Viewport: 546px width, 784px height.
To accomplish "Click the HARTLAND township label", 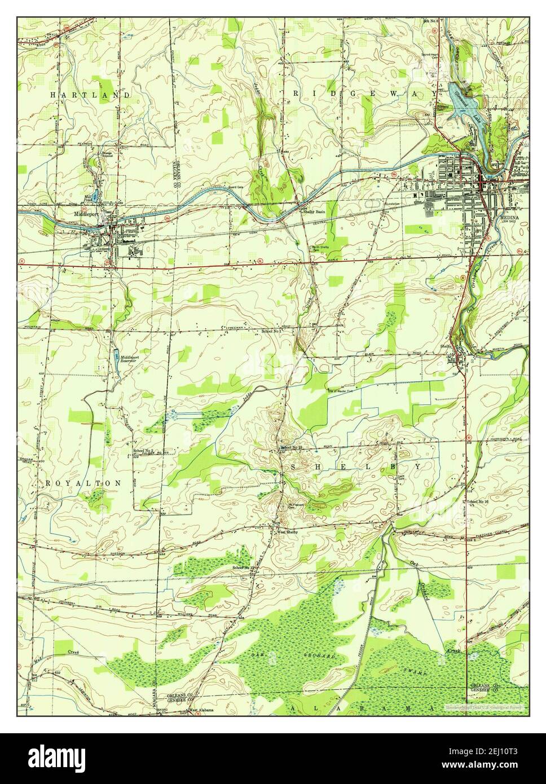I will (90, 95).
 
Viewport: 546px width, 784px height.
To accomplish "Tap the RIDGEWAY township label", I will (364, 92).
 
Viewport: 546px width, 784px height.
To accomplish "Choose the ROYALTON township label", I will (83, 483).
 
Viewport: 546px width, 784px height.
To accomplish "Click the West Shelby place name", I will (287, 531).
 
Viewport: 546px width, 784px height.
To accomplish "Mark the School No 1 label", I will (271, 332).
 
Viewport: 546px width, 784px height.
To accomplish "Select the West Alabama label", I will (201, 710).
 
